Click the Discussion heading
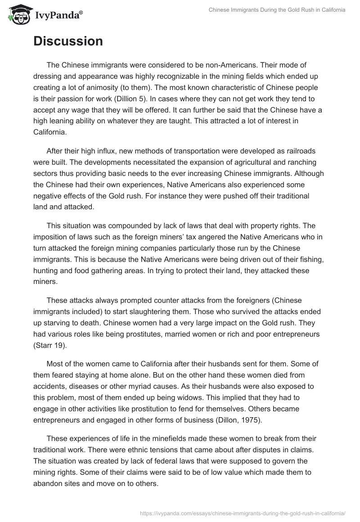point(68,41)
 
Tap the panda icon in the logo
point(17,15)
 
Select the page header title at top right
point(277,10)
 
